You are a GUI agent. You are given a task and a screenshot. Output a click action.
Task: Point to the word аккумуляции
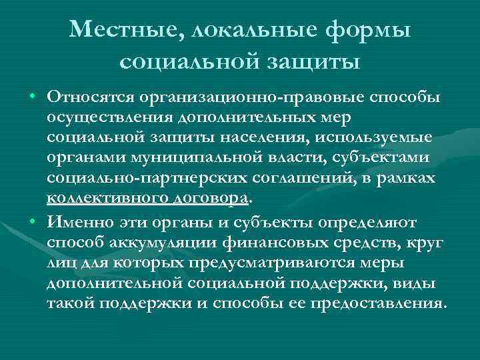coord(156,241)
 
